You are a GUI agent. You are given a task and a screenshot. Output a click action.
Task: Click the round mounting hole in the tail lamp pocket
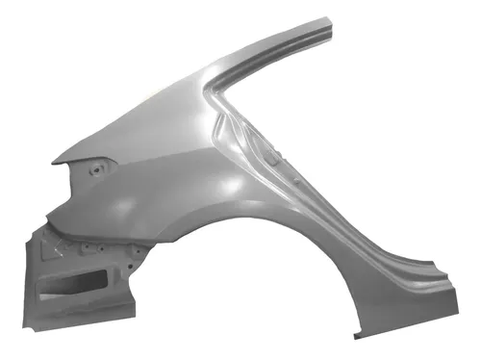click(96, 172)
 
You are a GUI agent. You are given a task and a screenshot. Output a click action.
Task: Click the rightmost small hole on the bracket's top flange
click(136, 252)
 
